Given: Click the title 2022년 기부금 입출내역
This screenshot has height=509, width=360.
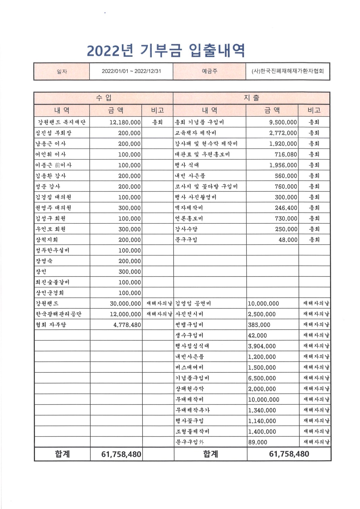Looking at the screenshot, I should pyautogui.click(x=166, y=51).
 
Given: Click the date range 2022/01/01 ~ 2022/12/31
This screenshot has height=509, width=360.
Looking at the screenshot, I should pyautogui.click(x=131, y=71).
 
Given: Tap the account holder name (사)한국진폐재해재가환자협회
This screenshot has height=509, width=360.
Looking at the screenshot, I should pyautogui.click(x=288, y=71).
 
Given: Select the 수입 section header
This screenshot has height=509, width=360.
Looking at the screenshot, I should pyautogui.click(x=104, y=98).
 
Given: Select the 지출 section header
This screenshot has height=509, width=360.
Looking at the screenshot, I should pyautogui.click(x=251, y=98).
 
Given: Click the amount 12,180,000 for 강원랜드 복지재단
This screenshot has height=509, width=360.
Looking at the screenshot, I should pyautogui.click(x=125, y=122).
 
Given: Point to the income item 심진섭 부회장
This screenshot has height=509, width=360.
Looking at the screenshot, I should pyautogui.click(x=53, y=133).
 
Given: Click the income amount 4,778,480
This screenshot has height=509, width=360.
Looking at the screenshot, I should pyautogui.click(x=127, y=325).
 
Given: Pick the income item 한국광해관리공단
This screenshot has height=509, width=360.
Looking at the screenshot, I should pyautogui.click(x=59, y=314).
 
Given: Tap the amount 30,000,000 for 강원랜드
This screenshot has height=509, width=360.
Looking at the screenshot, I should pyautogui.click(x=125, y=303).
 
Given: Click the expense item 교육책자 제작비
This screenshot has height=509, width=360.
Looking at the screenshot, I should pyautogui.click(x=195, y=133).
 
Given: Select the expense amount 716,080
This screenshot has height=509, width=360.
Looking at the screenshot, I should pyautogui.click(x=286, y=154).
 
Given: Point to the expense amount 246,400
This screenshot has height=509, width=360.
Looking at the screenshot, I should pyautogui.click(x=286, y=208).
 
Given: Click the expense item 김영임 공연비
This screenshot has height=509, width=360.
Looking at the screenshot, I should pyautogui.click(x=193, y=303).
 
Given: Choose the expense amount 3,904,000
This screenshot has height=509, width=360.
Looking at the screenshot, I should pyautogui.click(x=262, y=346).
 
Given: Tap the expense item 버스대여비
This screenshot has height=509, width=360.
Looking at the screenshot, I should pyautogui.click(x=189, y=367).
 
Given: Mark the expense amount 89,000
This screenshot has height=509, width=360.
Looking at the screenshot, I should pyautogui.click(x=258, y=442).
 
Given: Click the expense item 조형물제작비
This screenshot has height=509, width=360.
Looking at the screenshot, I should pyautogui.click(x=192, y=432).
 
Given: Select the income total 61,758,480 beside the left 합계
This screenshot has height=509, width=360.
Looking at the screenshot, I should pyautogui.click(x=121, y=455).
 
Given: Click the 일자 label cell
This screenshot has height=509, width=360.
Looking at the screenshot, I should pyautogui.click(x=62, y=72).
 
